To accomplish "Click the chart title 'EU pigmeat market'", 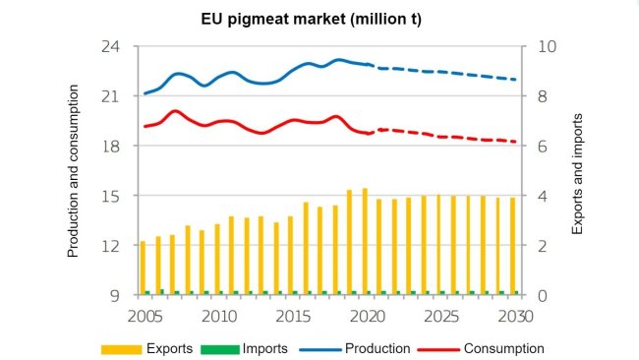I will pyautogui.click(x=319, y=19).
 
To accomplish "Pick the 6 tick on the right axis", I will pyautogui.click(x=547, y=147).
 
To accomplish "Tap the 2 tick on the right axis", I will pyautogui.click(x=547, y=246).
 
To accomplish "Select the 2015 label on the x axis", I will pyautogui.click(x=292, y=316).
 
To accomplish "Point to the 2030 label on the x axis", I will pyautogui.click(x=513, y=316).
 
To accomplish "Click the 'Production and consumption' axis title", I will pyautogui.click(x=73, y=171).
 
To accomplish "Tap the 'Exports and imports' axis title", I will pyautogui.click(x=577, y=171).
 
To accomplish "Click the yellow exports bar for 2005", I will pyautogui.click(x=143, y=267).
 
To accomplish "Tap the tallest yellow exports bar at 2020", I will pyautogui.click(x=365, y=241).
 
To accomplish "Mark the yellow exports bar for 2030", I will pyautogui.click(x=512, y=245).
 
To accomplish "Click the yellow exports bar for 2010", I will pyautogui.click(x=216, y=258).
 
